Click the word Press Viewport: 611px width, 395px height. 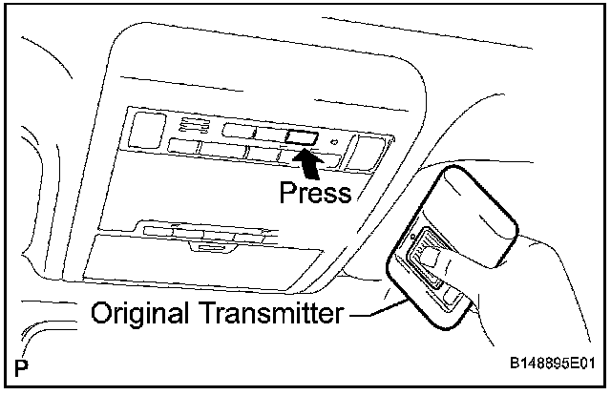pos(315,193)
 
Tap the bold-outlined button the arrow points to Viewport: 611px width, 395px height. pos(300,136)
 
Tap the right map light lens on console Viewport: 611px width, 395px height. pos(365,150)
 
